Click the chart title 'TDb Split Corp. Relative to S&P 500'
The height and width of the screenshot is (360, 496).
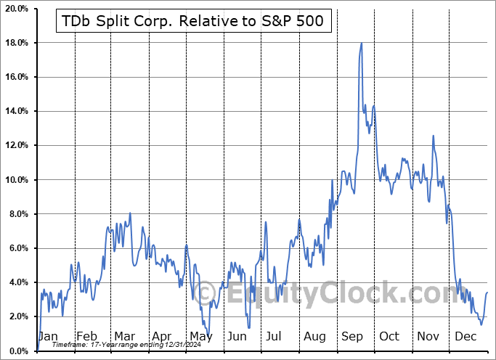195,22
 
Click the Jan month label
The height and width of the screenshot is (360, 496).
47,337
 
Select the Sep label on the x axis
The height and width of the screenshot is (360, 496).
353,337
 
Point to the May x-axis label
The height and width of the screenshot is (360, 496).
200,337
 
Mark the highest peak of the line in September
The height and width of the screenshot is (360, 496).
361,43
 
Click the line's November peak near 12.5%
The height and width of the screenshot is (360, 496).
433,136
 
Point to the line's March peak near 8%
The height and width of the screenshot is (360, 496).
130,213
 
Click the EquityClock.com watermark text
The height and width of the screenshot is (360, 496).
341,295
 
